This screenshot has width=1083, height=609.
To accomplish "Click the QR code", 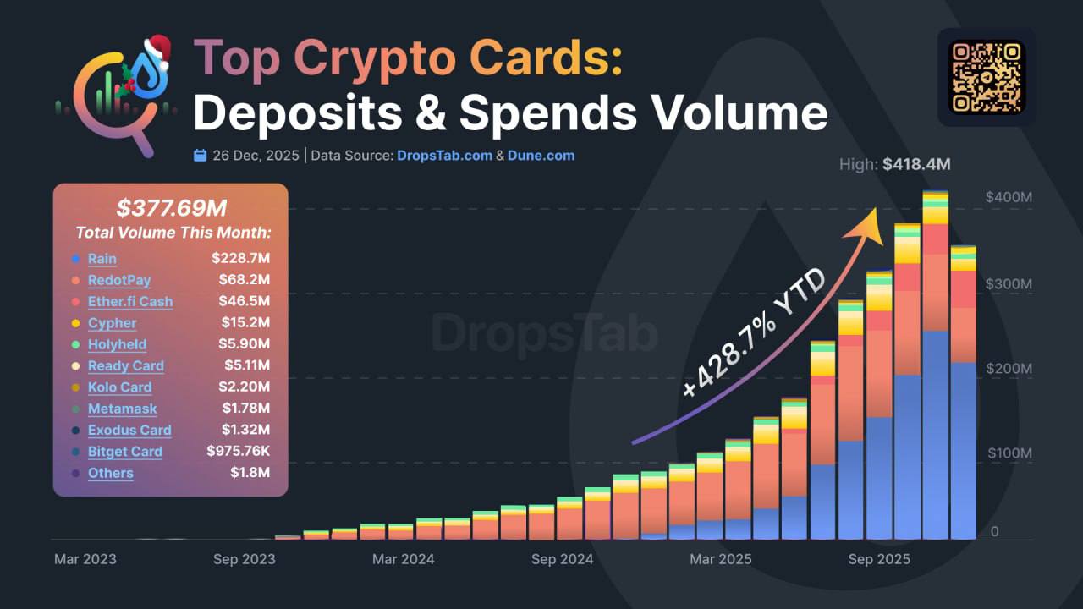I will [x=987, y=77].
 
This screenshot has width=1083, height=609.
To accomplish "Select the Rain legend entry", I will [x=102, y=259].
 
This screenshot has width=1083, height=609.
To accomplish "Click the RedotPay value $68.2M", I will [x=250, y=280].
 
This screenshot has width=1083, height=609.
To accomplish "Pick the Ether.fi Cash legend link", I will [x=130, y=301].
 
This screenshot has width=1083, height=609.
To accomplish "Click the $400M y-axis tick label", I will [x=1009, y=197].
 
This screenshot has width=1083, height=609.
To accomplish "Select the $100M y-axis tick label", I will [x=1009, y=453].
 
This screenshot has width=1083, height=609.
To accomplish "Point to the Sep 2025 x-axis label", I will [x=879, y=559].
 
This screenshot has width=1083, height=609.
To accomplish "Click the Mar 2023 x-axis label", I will [x=85, y=559].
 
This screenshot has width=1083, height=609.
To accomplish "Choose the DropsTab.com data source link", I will [x=444, y=156].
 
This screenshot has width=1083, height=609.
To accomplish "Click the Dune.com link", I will [x=541, y=156].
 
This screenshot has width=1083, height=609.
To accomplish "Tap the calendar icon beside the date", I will [x=200, y=156].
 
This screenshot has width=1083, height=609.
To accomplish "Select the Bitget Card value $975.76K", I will [x=238, y=451].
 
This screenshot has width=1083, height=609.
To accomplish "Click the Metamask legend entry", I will [x=122, y=409].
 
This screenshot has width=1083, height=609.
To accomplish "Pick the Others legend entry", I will [x=110, y=473].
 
